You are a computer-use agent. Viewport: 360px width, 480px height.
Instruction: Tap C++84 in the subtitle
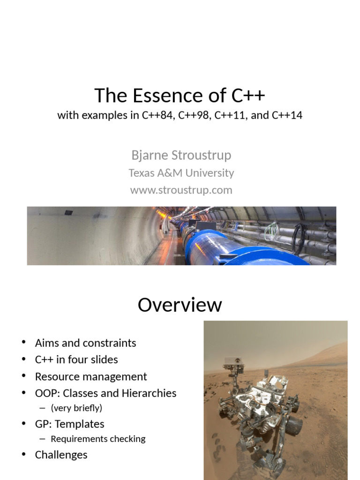point(159,115)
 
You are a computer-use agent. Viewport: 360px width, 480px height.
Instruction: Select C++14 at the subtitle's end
point(287,115)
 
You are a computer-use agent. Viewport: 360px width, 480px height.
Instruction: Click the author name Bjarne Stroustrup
point(181,155)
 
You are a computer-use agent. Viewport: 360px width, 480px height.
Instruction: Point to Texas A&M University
point(181,173)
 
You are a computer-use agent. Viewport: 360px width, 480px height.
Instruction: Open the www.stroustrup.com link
point(181,190)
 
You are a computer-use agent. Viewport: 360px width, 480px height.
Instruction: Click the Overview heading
point(180,305)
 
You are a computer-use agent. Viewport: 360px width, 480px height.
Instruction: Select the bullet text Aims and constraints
point(85,343)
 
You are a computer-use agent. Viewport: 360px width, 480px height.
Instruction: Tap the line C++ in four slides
point(76,360)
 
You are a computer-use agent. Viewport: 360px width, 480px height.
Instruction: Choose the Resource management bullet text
point(91,376)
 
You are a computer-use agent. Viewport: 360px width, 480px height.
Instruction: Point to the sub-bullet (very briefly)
point(76,408)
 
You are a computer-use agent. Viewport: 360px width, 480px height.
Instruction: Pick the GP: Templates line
point(69,424)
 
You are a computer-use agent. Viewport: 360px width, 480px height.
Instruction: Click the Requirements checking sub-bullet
point(98,439)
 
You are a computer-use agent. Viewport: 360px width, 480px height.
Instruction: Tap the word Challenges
point(61,455)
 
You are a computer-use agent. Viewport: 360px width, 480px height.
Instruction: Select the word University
point(210,173)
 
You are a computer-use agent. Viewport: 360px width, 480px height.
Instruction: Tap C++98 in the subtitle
point(195,115)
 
